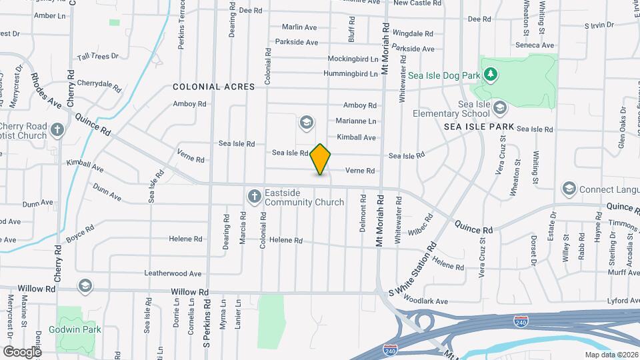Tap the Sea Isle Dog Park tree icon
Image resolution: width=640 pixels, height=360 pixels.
491,73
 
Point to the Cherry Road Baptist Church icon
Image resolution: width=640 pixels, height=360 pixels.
58,129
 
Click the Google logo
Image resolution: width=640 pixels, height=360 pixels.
21,351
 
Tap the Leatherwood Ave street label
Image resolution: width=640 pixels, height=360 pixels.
173,273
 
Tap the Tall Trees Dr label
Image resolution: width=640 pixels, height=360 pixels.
97,57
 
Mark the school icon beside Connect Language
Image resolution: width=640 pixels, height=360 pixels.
569,189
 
